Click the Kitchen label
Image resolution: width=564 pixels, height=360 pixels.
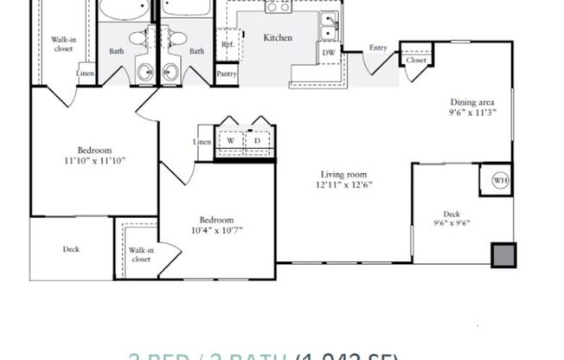[x=277, y=38]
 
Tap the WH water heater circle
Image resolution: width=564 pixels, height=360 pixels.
[x=499, y=180]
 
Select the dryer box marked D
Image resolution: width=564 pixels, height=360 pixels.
[x=258, y=140]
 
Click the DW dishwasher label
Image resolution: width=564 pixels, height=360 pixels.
[x=328, y=53]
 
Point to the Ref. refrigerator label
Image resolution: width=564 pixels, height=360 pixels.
[x=228, y=43]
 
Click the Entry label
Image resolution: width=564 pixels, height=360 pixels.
[x=378, y=48]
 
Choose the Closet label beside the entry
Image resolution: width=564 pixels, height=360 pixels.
[x=416, y=61]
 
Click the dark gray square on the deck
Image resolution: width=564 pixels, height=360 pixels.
[x=503, y=255]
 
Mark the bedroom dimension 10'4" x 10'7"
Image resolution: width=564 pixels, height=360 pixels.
[x=216, y=231]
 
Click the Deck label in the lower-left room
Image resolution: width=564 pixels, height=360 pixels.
[x=71, y=250]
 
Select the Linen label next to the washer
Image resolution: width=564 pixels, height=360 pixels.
[x=202, y=142]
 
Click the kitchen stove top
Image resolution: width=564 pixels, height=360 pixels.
[x=279, y=6]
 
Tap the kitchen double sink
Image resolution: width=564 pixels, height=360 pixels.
[x=328, y=26]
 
